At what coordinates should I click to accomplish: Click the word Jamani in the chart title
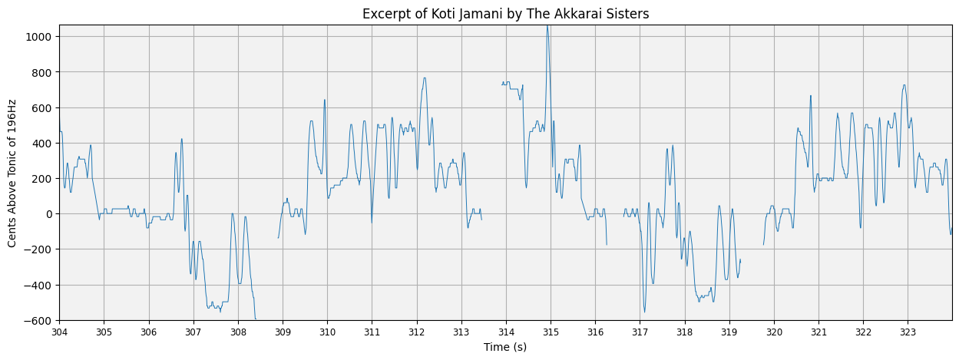[x=475, y=14]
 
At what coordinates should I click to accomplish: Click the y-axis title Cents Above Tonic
[x=12, y=173]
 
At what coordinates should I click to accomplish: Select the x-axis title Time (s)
[x=505, y=347]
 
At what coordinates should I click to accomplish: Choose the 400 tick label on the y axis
[x=42, y=144]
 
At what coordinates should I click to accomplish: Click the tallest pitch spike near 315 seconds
[x=547, y=27]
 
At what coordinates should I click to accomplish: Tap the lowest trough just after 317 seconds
[x=644, y=311]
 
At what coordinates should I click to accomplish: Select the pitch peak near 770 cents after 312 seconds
[x=424, y=78]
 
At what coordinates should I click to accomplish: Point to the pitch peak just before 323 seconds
[x=904, y=85]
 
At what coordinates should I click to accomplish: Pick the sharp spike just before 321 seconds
[x=810, y=96]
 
